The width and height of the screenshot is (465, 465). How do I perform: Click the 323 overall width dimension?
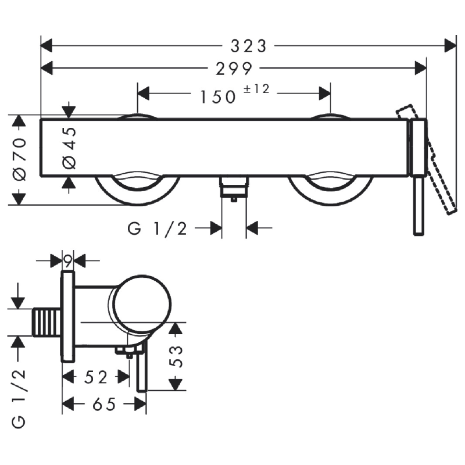click(249, 46)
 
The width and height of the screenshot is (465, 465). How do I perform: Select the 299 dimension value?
click(234, 69)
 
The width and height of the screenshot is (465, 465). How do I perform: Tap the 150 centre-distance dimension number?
click(218, 97)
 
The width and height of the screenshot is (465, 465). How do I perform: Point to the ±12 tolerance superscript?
click(256, 89)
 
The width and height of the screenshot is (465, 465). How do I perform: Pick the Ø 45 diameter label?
click(70, 148)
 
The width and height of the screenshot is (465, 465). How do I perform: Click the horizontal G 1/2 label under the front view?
click(157, 228)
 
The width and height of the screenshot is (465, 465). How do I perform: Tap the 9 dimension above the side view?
click(68, 261)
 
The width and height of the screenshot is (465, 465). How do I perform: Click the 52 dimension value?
click(95, 377)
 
